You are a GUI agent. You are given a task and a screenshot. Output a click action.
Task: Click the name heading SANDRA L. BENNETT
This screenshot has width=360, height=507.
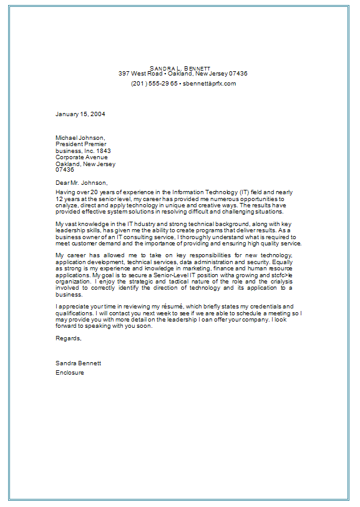click(180, 67)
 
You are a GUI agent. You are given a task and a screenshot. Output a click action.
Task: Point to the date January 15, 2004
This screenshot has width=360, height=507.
click(80, 114)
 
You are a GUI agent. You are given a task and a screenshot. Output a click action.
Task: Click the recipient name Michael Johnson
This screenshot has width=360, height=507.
click(80, 138)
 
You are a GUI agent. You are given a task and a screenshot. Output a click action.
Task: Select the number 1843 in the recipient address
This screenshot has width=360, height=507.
click(104, 150)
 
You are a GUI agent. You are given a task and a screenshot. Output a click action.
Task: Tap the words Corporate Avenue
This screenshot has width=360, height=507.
click(82, 157)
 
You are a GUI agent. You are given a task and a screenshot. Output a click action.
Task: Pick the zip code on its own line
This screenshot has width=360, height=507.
click(64, 169)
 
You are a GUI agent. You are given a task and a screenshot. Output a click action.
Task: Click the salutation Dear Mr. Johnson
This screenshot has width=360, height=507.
click(81, 182)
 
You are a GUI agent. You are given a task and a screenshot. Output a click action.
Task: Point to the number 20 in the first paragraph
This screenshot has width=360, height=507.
click(95, 192)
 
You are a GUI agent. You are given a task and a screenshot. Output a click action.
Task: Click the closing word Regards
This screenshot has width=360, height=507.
click(68, 338)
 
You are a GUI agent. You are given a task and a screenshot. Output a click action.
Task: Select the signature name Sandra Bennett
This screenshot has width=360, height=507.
click(78, 363)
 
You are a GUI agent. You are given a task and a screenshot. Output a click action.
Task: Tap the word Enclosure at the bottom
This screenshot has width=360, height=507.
click(70, 372)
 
